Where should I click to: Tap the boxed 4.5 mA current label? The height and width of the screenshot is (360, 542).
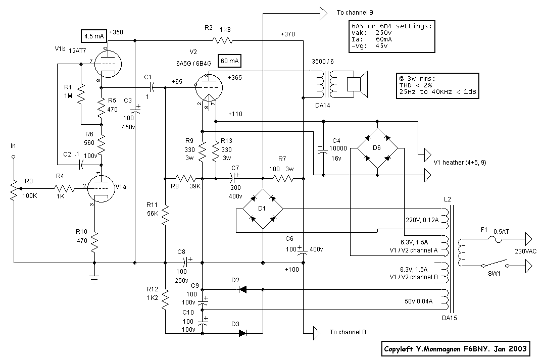(93, 36)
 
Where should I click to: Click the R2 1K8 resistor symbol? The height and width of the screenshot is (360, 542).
(223, 40)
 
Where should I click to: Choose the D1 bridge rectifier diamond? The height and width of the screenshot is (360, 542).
(263, 210)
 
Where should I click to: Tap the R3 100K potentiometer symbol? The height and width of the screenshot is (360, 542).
(14, 189)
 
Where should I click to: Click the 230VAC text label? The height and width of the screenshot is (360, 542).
(525, 251)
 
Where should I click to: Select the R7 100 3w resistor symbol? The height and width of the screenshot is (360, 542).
(282, 178)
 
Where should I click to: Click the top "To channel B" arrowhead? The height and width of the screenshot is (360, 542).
(323, 13)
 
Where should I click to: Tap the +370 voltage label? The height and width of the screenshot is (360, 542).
(289, 34)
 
